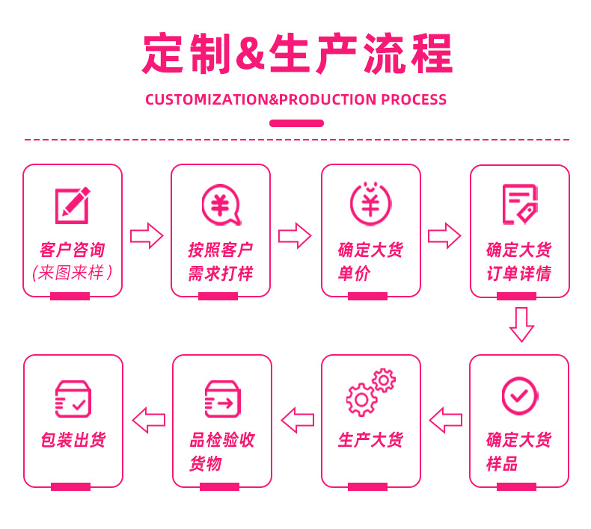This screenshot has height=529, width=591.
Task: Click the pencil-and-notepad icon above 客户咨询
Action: point(73,205)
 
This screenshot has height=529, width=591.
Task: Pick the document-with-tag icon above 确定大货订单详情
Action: point(520,204)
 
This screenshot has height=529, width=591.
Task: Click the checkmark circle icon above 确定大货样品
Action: point(519,395)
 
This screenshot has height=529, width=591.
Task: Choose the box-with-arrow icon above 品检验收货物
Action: point(222,398)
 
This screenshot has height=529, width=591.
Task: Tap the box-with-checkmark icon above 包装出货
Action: point(73,398)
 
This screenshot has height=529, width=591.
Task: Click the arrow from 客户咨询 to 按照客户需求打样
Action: point(147,236)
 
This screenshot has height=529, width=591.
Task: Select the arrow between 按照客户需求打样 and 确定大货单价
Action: point(295,236)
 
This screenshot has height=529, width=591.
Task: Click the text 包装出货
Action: point(73,440)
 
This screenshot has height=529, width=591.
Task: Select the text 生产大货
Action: point(370,440)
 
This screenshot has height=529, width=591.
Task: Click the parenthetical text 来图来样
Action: point(73,273)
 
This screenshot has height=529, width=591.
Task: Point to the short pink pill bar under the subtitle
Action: point(296,123)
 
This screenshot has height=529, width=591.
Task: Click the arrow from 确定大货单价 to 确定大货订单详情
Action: point(444,236)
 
